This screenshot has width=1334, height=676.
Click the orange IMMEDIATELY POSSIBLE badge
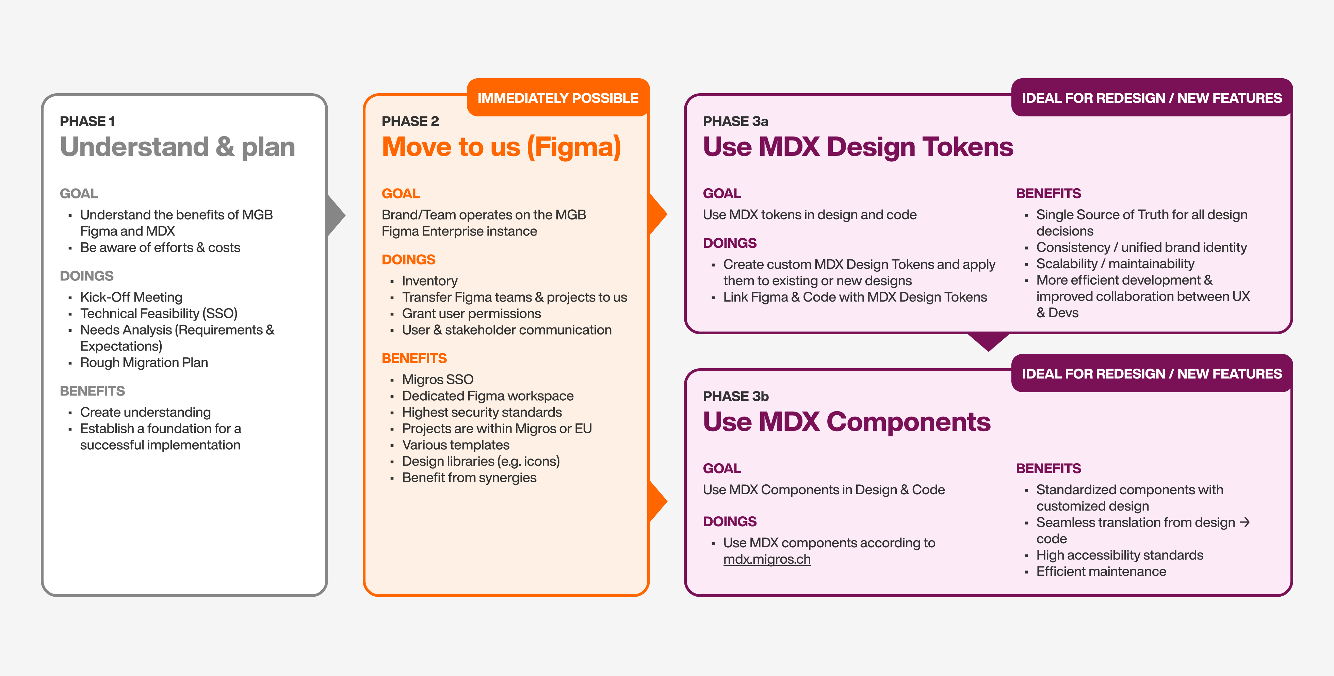[x=558, y=98]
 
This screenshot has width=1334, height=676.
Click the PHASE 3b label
[x=735, y=396]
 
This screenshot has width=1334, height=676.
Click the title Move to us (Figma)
[x=501, y=147]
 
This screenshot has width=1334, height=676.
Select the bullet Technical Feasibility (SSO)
[x=159, y=313]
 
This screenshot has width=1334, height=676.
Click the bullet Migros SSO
[x=438, y=380]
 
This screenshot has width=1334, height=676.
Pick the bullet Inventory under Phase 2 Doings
[x=429, y=281]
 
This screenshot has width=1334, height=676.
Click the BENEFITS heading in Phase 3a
[x=1048, y=194]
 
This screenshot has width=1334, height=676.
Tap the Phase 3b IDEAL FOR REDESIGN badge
[x=1151, y=373]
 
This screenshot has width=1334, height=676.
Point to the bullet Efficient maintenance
[x=1101, y=572]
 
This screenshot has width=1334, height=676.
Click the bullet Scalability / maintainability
[x=1115, y=264]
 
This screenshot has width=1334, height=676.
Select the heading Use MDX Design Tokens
[x=858, y=147]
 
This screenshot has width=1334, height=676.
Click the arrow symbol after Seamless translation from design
[x=1245, y=522]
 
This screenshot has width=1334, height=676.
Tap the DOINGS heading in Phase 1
[x=86, y=276]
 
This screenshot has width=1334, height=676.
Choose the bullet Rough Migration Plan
[x=144, y=363]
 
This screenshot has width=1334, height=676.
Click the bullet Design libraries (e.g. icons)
[x=481, y=462]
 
